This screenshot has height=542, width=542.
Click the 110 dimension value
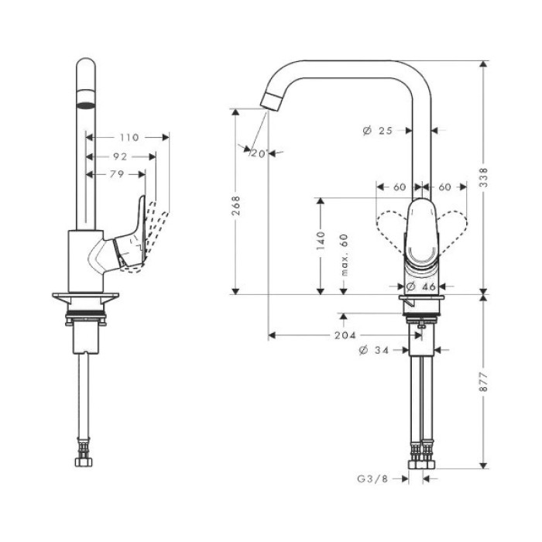(129, 138)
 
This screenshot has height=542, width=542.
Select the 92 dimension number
(120, 157)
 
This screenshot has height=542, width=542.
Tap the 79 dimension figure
(117, 174)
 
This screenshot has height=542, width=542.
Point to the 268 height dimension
(235, 206)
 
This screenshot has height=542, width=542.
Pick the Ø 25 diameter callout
(378, 131)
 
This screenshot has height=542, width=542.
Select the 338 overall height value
(484, 177)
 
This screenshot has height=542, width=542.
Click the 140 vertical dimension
(321, 241)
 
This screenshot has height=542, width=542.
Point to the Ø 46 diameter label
(420, 286)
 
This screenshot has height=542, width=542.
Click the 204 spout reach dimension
(345, 335)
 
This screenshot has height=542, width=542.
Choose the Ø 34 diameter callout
(374, 351)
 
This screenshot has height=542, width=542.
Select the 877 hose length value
(484, 382)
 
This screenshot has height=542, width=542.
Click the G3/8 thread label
(372, 479)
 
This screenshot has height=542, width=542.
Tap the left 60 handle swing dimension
(400, 187)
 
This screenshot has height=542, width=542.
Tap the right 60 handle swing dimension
(445, 187)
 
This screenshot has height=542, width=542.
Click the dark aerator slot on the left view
(85, 105)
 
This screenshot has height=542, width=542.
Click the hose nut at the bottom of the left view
(84, 462)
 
